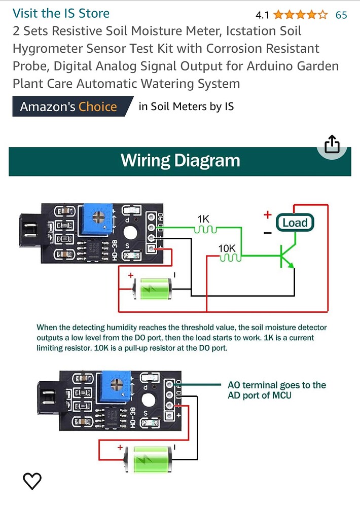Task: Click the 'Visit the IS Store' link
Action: [61, 13]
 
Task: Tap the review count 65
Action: [341, 15]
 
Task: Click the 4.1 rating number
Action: [262, 15]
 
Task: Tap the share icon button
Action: [332, 144]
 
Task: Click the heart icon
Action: [32, 481]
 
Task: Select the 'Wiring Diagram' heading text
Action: [180, 161]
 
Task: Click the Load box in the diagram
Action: [295, 222]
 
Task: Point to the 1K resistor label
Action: [203, 219]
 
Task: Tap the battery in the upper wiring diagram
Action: [153, 289]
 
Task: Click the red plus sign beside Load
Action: [267, 214]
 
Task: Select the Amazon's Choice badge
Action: [68, 106]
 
